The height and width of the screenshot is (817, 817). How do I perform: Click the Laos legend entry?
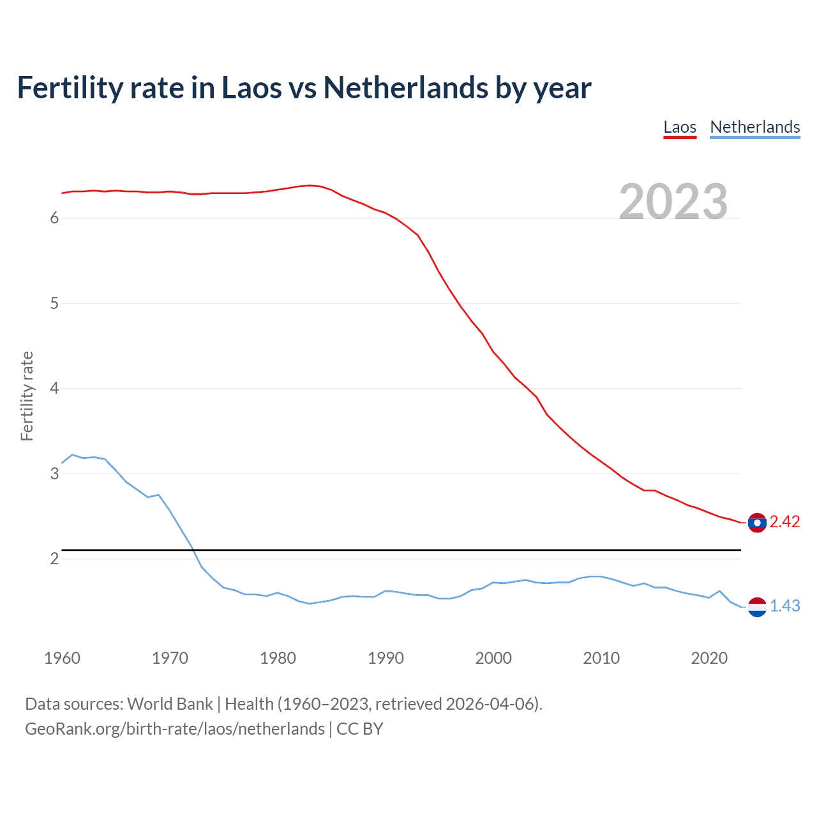click(680, 127)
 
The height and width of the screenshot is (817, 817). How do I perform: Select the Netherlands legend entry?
click(754, 127)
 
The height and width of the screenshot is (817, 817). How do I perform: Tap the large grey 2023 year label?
click(673, 202)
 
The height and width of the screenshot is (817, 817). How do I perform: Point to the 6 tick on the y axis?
click(54, 218)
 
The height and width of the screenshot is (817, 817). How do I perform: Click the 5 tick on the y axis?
click(54, 303)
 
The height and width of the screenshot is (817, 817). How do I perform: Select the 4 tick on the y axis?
click(54, 388)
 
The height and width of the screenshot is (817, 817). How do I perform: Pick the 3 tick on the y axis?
click(54, 474)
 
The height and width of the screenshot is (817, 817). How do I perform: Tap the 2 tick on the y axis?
click(54, 558)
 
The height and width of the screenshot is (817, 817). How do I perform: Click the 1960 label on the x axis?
click(62, 658)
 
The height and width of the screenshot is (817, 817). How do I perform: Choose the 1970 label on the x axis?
click(170, 658)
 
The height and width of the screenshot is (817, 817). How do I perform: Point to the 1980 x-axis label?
click(278, 658)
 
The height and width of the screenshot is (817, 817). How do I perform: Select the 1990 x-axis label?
click(386, 658)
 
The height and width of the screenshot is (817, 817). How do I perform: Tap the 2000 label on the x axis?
click(493, 658)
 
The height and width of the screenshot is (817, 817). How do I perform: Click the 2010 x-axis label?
click(601, 658)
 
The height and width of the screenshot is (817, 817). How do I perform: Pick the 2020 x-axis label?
click(709, 658)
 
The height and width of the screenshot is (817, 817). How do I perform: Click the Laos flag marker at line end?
click(757, 523)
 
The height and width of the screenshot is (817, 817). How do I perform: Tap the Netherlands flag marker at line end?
click(757, 607)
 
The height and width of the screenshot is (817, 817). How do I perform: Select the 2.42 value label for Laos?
click(784, 522)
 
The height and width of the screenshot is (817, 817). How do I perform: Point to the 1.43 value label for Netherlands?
click(784, 606)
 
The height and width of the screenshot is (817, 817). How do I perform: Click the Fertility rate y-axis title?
click(27, 396)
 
